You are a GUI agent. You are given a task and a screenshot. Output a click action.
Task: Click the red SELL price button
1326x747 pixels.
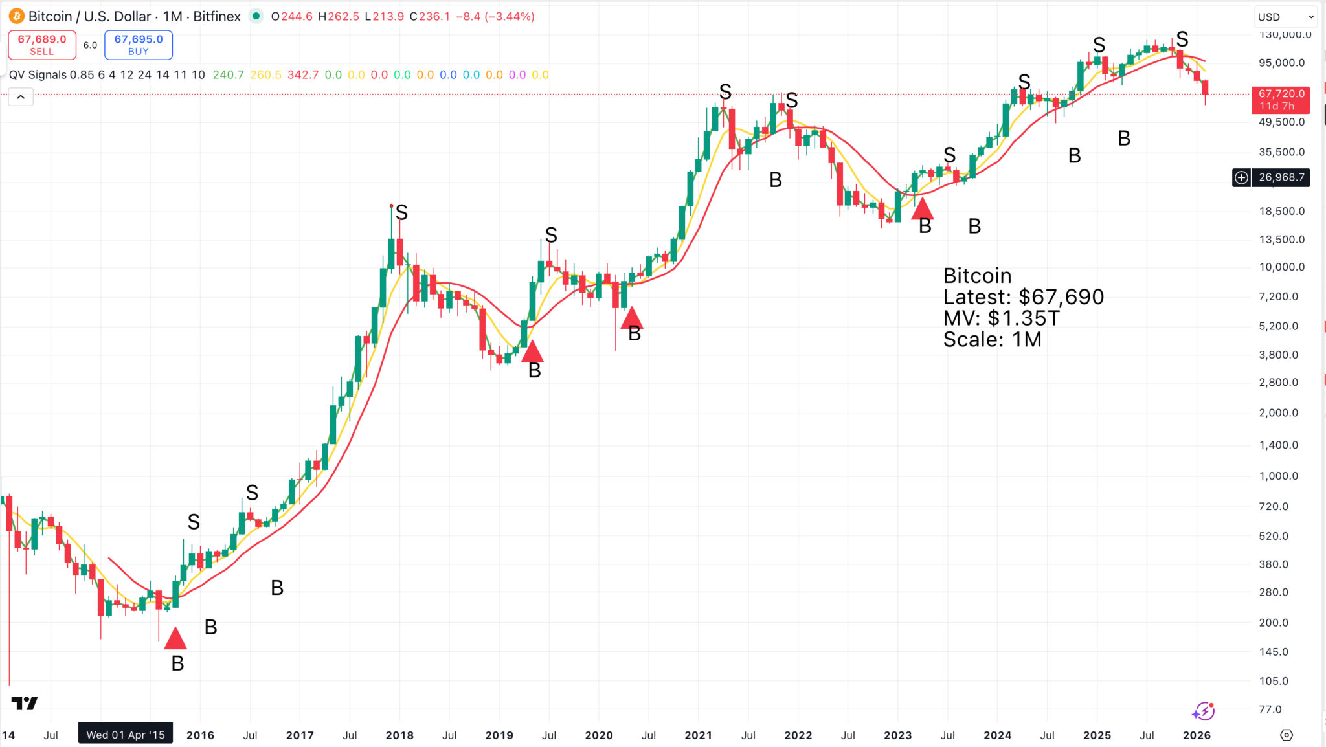coord(42,45)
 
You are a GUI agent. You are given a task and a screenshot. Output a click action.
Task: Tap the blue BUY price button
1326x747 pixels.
coord(139,45)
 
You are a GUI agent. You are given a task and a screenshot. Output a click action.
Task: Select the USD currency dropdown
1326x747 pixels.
coord(1285,17)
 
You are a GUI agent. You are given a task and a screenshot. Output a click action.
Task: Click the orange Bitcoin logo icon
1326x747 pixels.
coord(16,16)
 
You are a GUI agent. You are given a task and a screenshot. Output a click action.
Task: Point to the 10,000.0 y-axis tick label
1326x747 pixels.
coord(1281,267)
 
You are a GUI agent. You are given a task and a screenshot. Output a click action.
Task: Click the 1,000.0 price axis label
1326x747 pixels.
coord(1278,476)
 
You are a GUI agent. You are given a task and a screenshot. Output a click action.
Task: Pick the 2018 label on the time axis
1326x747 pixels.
coord(399,735)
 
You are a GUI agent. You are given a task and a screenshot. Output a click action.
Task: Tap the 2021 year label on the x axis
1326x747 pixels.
coord(698,735)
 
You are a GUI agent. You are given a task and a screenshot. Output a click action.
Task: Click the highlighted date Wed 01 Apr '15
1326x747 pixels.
coord(126,735)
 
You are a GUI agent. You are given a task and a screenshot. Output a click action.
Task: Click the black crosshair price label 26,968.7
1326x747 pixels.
coord(1281,177)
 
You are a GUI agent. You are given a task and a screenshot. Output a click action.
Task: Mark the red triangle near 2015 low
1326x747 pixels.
coord(175,639)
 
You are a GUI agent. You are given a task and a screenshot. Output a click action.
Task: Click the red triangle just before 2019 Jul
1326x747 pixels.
coord(532,351)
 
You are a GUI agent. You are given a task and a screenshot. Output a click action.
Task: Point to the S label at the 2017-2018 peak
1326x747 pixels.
coord(401,212)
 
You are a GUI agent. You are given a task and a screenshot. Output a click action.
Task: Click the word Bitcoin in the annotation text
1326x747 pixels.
coord(977,276)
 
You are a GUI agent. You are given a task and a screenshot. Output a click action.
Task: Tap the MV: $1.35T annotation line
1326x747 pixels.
coord(1001,318)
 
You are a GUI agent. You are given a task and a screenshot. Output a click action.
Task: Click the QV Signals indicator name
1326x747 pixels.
coord(38,75)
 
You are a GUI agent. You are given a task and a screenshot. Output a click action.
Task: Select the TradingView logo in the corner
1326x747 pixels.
coord(25,703)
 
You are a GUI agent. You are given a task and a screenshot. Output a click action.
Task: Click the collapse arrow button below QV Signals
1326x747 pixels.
coord(21,97)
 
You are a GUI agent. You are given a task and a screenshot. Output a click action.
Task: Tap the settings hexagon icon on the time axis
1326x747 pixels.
coord(1287,735)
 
